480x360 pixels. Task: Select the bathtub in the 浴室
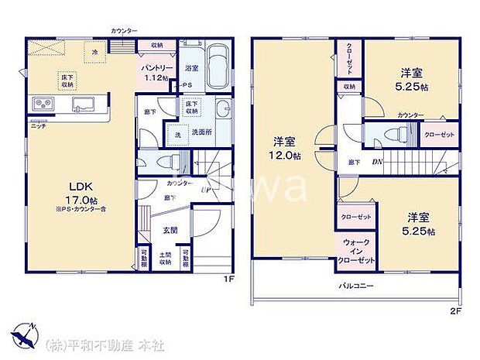pos(217,67)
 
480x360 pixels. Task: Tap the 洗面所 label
pos(203,132)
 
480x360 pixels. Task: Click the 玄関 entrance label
pos(172,230)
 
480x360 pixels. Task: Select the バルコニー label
pos(355,286)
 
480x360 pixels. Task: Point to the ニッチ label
pos(37,125)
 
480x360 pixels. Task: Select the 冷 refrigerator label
pos(95,52)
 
